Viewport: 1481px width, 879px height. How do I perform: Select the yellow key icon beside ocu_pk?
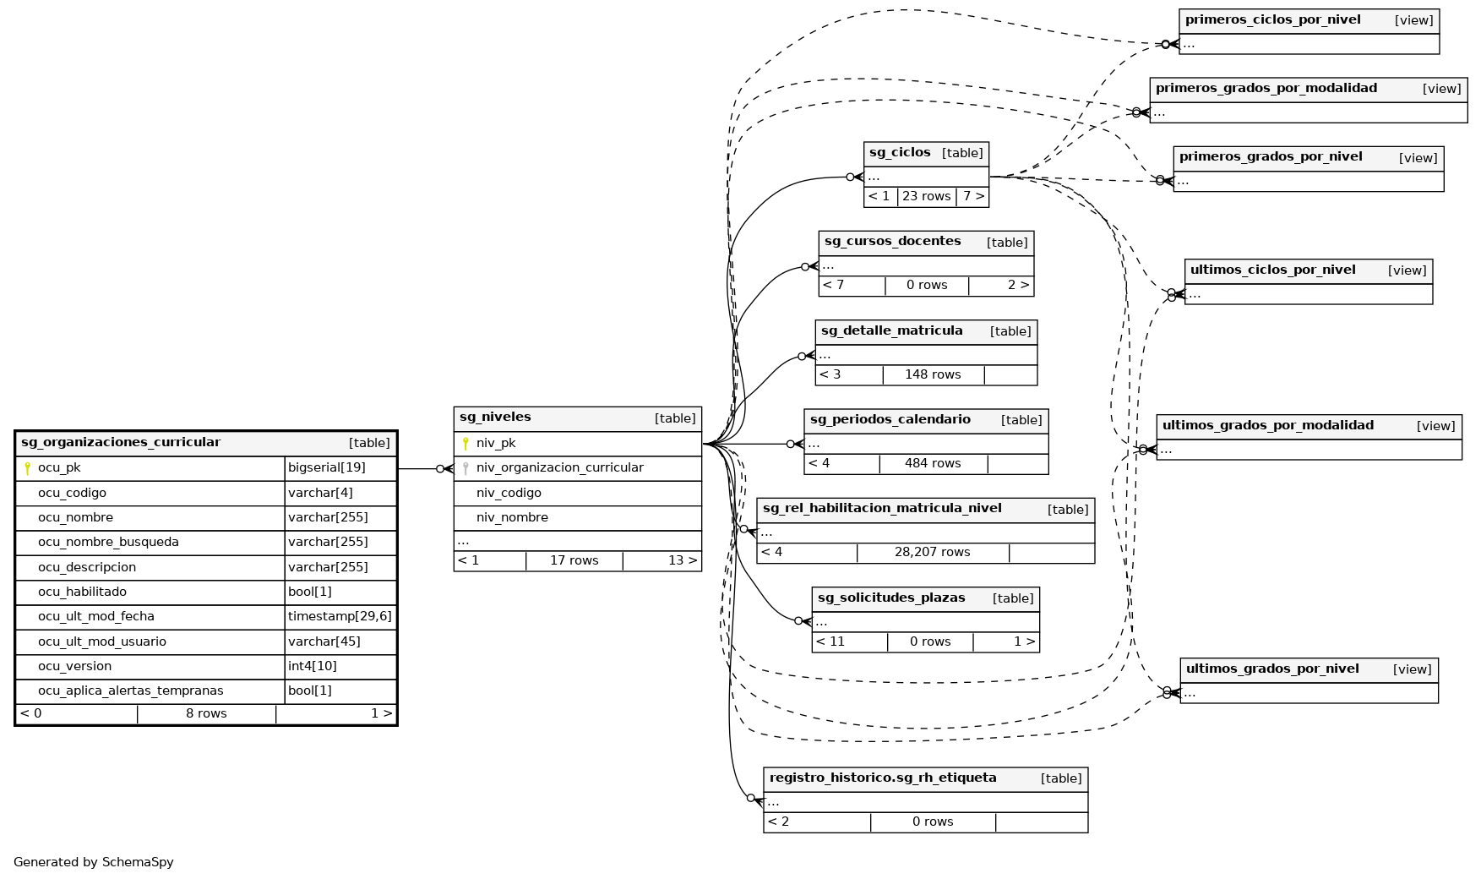click(27, 468)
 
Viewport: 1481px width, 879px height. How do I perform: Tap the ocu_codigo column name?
click(72, 493)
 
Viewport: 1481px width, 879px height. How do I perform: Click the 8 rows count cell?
click(206, 713)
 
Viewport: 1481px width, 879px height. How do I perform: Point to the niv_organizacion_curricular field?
click(559, 467)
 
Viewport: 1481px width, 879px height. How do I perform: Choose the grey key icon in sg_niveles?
click(466, 467)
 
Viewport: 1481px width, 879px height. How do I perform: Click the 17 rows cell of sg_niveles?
click(574, 560)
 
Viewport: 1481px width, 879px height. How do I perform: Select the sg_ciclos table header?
click(900, 153)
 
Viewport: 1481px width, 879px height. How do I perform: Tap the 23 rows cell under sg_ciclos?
click(926, 196)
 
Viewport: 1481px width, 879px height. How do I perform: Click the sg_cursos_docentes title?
click(892, 242)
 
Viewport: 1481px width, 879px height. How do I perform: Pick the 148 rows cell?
click(933, 374)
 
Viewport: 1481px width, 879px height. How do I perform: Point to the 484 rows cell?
click(933, 463)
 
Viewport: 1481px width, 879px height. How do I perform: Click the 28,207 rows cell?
click(932, 553)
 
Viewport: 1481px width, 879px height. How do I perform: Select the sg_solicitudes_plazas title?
click(891, 598)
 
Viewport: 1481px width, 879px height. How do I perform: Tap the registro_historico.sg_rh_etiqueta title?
click(883, 778)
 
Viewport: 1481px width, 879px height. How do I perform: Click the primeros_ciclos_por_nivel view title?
click(1272, 20)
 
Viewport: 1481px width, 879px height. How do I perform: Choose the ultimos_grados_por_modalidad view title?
click(1267, 426)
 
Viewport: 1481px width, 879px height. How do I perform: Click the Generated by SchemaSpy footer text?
click(94, 862)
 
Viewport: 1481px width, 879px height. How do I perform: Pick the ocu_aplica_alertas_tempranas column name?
click(130, 691)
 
